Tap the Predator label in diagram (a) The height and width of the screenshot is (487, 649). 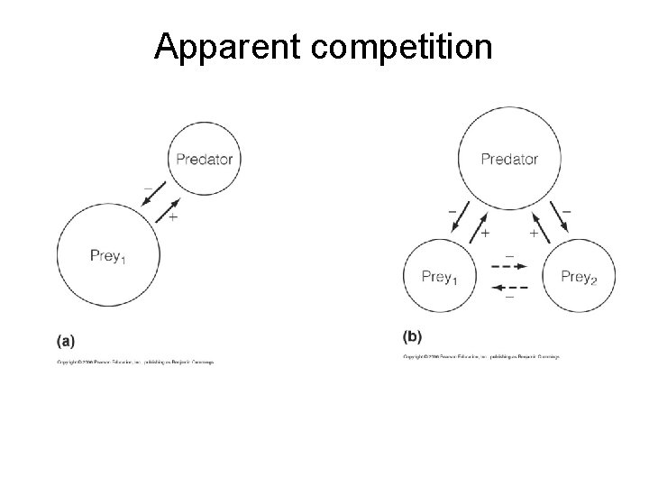click(x=204, y=160)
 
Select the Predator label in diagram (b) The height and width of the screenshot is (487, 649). click(x=509, y=160)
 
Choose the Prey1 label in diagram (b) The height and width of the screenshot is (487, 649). click(x=440, y=277)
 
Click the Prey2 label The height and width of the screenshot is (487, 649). click(x=579, y=277)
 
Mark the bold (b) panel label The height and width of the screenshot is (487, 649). click(x=412, y=336)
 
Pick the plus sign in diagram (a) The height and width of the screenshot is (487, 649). click(x=172, y=217)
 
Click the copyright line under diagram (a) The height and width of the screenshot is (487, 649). click(x=136, y=363)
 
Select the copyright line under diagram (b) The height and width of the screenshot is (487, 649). click(x=481, y=357)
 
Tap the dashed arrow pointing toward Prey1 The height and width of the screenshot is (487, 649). click(x=509, y=287)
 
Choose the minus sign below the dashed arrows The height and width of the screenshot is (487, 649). click(x=509, y=298)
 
